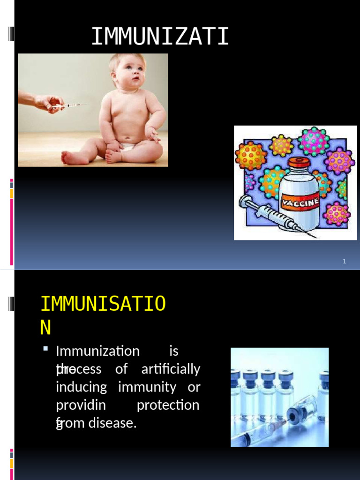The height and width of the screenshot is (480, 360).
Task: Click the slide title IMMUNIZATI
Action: (160, 37)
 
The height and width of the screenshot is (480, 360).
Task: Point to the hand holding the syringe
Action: (47, 102)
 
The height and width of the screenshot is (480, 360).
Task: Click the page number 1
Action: (344, 262)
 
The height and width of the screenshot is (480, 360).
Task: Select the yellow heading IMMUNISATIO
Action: (103, 304)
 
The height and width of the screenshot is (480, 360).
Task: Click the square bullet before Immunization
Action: (45, 349)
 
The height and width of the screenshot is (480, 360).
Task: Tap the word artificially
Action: (171, 369)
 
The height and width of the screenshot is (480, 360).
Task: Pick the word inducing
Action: (81, 388)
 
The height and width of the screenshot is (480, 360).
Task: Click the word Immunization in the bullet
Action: (97, 351)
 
